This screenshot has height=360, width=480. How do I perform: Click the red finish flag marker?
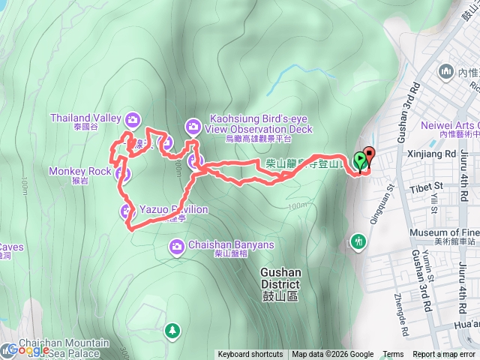click(x=367, y=157)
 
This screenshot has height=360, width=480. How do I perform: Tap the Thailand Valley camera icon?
click(x=132, y=118)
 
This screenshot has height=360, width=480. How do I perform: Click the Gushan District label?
click(x=280, y=279)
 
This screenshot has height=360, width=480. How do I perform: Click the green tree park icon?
click(x=173, y=330)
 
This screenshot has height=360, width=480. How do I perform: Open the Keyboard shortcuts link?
click(x=250, y=355)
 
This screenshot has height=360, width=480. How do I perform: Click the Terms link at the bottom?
click(x=393, y=355)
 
